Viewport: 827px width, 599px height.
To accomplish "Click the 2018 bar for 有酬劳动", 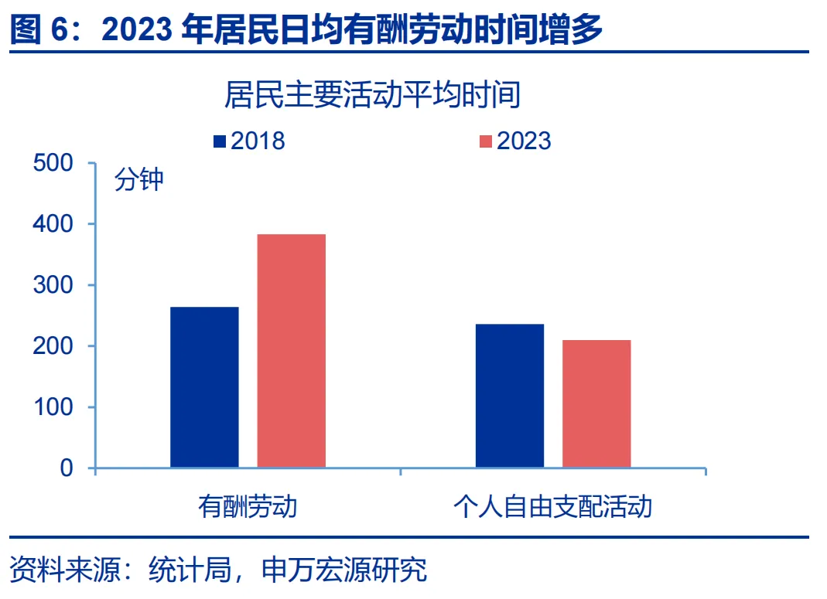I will tap(204, 386).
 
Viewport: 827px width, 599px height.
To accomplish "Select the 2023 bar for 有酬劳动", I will tap(292, 350).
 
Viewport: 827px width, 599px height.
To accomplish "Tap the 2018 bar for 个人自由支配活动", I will tap(510, 395).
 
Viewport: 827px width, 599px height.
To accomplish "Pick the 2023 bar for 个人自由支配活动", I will tap(596, 403).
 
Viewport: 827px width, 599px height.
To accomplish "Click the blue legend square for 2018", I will tap(220, 141).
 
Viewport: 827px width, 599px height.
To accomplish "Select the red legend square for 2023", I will tap(486, 141).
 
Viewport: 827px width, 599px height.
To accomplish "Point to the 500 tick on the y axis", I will tap(54, 164).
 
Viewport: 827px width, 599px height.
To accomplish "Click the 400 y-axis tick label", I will tap(54, 225).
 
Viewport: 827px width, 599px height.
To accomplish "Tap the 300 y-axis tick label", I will tap(54, 286).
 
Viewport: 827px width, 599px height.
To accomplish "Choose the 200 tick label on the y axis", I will tap(54, 347).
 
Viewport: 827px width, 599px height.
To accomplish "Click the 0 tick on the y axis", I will tap(66, 468).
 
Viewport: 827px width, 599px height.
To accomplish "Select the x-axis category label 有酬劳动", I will tap(248, 507).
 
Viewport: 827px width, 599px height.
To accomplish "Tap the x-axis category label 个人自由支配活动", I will tap(552, 507).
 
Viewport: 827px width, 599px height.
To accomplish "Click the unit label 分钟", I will tap(139, 180).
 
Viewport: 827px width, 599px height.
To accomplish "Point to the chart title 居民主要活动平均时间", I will tap(371, 97).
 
